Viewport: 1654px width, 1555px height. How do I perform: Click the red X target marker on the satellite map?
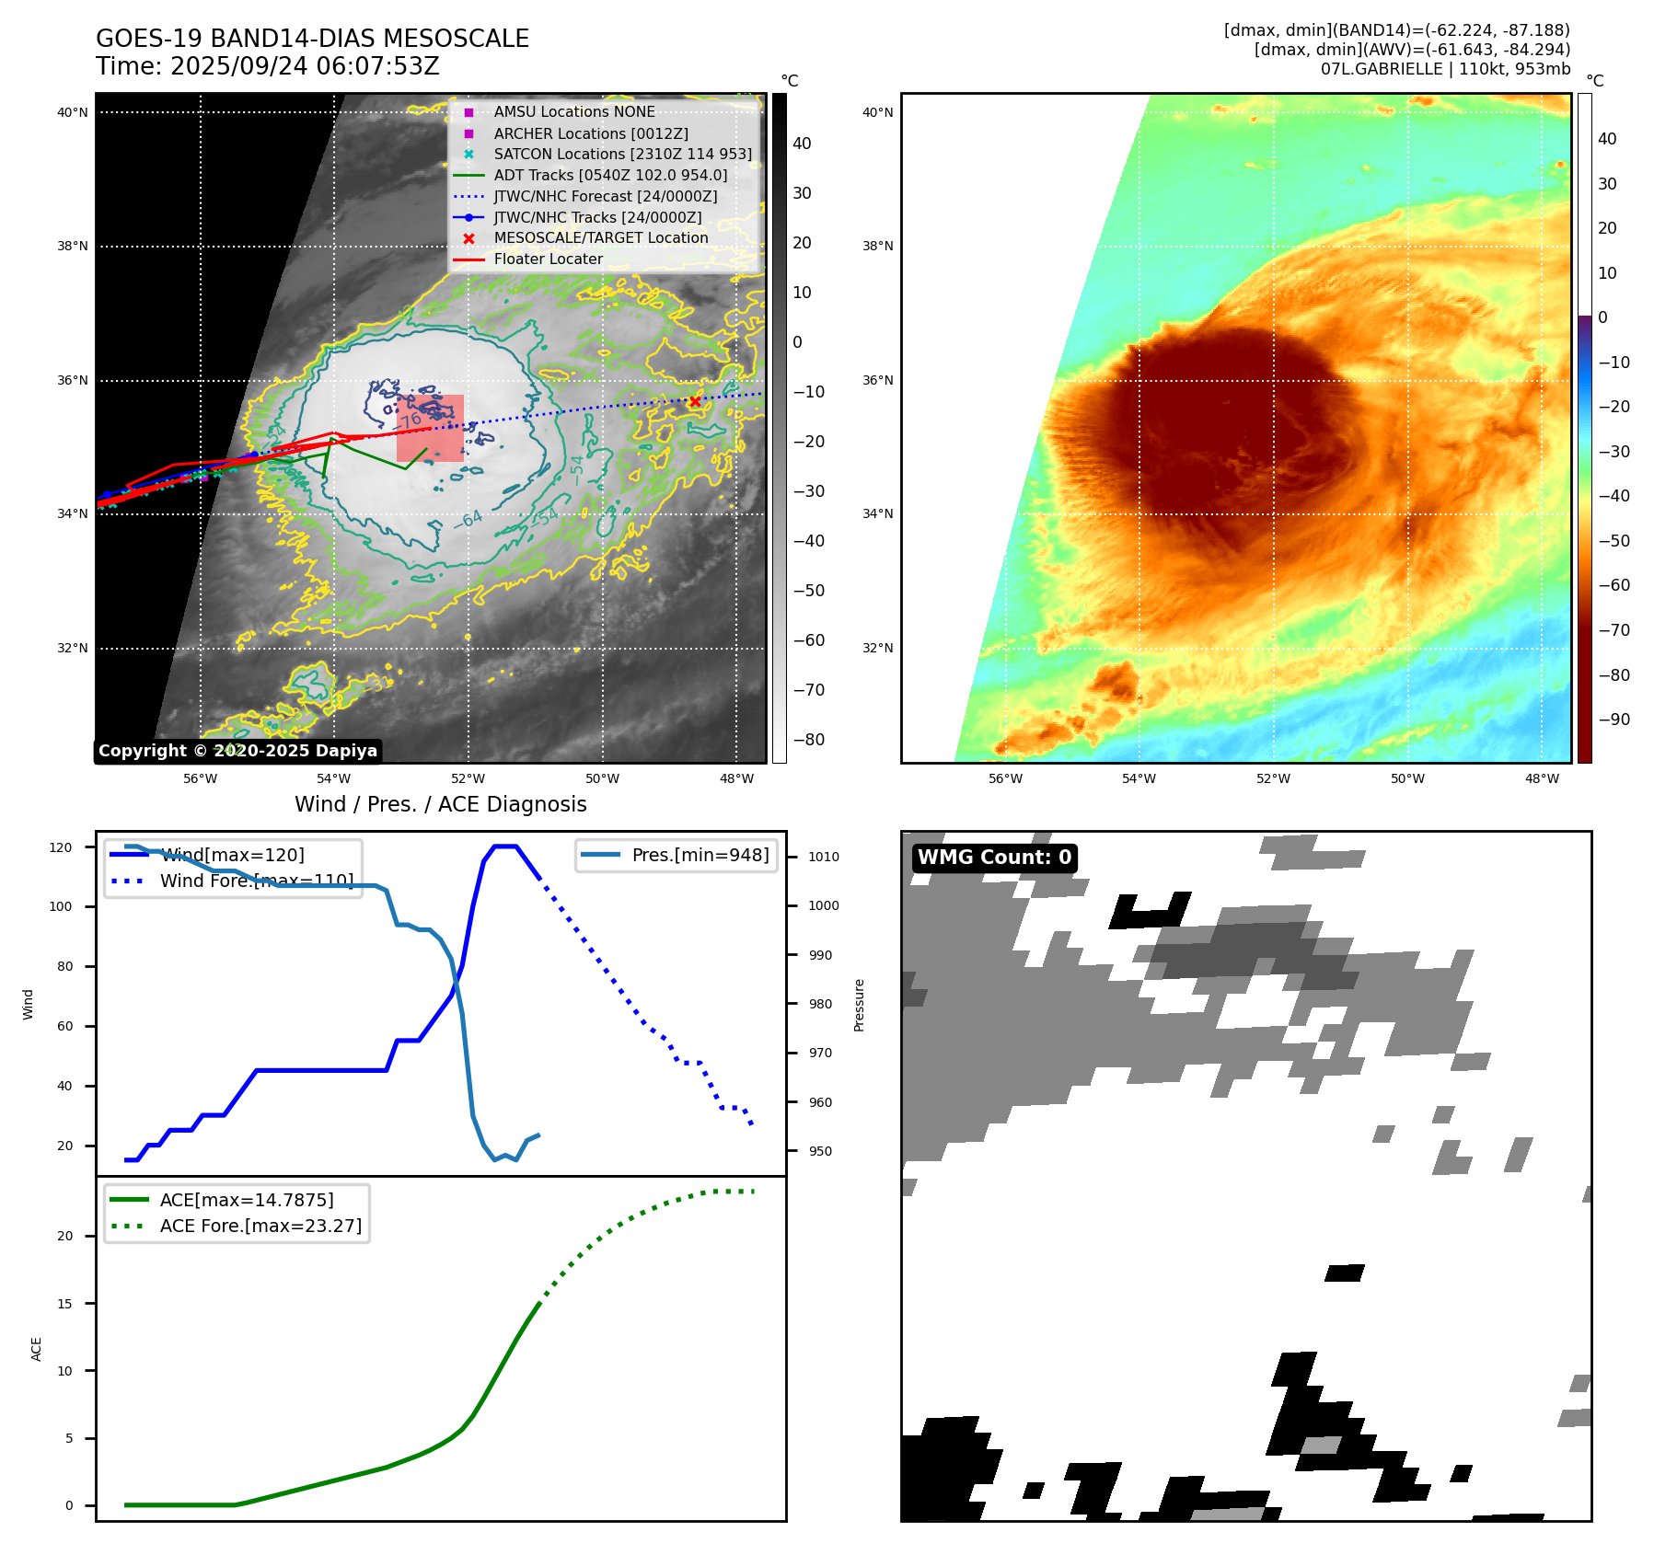pyautogui.click(x=695, y=401)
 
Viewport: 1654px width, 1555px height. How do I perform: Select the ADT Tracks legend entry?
pyautogui.click(x=609, y=175)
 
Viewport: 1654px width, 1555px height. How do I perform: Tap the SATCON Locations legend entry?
pyautogui.click(x=621, y=154)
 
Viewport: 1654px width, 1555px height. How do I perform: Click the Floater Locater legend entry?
pyautogui.click(x=548, y=259)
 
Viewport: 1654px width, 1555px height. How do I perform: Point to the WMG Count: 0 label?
pyautogui.click(x=994, y=858)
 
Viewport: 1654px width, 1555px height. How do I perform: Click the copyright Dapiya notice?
pyautogui.click(x=237, y=751)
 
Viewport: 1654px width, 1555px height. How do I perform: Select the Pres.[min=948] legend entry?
pyautogui.click(x=700, y=855)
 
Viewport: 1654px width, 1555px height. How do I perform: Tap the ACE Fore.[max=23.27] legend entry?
pyautogui.click(x=260, y=1226)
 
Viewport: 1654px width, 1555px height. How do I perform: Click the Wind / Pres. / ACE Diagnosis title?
pyautogui.click(x=440, y=804)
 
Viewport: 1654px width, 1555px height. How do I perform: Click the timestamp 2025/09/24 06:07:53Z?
pyautogui.click(x=305, y=66)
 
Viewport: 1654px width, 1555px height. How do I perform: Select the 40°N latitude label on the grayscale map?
pyautogui.click(x=73, y=113)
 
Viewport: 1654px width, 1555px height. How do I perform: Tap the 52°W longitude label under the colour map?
pyautogui.click(x=1273, y=778)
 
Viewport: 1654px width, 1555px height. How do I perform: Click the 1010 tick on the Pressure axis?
pyautogui.click(x=824, y=857)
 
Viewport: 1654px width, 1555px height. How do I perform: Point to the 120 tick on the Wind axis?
pyautogui.click(x=61, y=847)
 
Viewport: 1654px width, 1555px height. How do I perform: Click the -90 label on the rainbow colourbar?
pyautogui.click(x=1614, y=720)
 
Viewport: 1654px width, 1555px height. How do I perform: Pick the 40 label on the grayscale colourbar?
pyautogui.click(x=802, y=144)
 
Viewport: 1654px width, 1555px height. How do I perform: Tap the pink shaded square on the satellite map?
pyautogui.click(x=430, y=429)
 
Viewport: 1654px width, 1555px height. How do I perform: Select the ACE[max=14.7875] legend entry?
pyautogui.click(x=246, y=1200)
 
